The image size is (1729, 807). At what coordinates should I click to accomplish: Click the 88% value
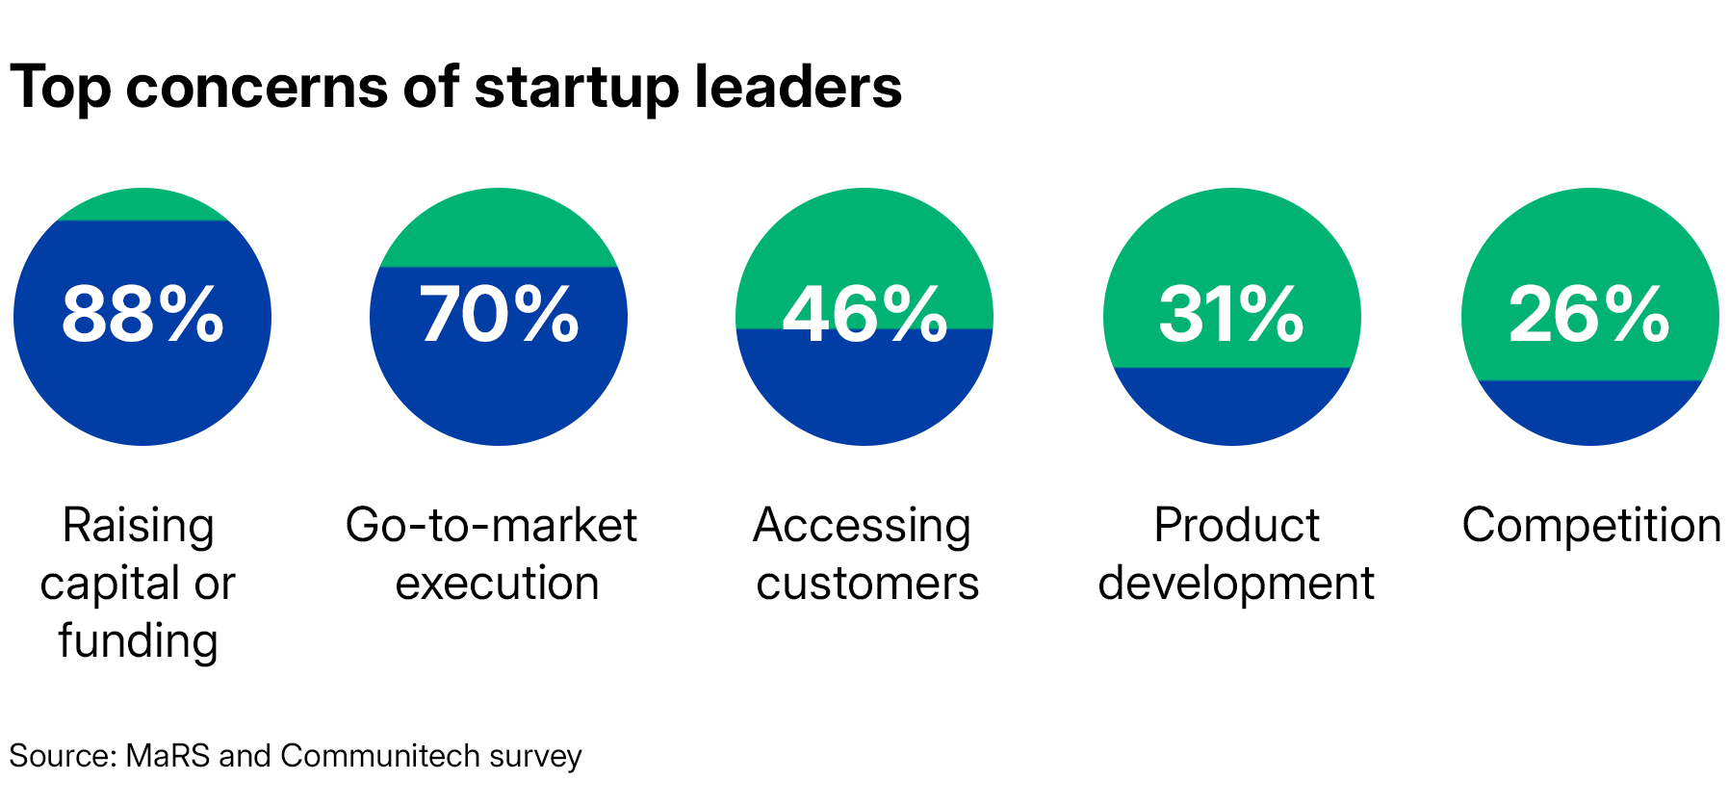pos(142,315)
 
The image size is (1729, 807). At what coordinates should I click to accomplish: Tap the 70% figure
pos(499,315)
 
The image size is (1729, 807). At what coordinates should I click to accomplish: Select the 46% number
pos(864,315)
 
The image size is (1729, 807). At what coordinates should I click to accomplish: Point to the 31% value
pos(1231,315)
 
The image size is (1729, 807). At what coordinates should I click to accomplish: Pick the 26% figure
pos(1589,315)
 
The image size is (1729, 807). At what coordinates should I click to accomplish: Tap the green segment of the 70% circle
pos(499,231)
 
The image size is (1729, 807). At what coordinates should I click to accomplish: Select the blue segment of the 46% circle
pos(864,390)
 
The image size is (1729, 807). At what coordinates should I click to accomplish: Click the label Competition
pos(1590,526)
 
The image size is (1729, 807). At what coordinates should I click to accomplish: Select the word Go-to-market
pos(491,526)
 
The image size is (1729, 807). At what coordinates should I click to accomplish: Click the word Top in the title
pos(60,89)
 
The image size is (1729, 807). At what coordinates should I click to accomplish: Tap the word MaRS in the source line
pos(168,756)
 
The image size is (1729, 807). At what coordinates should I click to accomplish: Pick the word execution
pos(497,584)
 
